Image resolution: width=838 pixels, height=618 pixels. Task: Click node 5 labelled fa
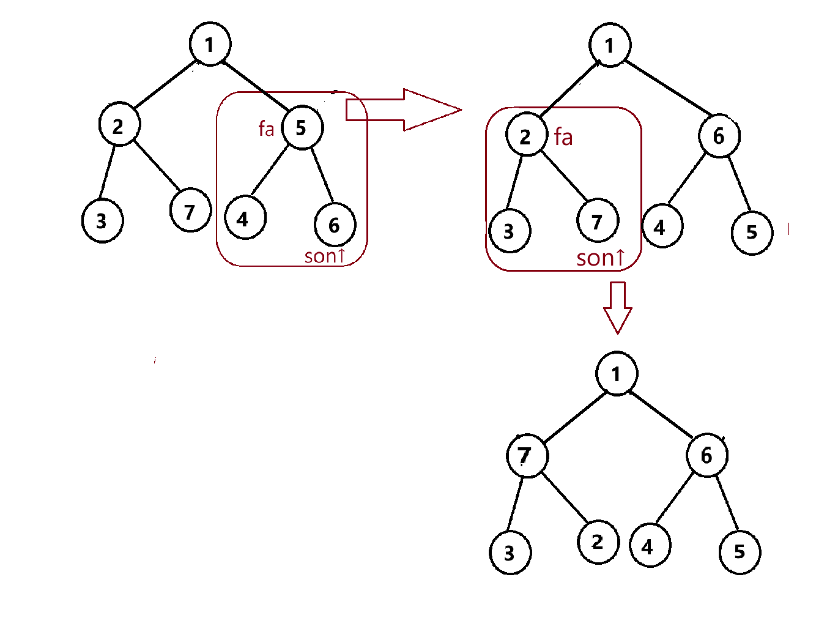pos(302,127)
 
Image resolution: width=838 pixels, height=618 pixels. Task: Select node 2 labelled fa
pos(526,136)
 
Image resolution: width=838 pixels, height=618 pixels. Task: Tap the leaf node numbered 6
pos(335,225)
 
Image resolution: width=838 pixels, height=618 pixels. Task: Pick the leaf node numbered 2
pos(598,542)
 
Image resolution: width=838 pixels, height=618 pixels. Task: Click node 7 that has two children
pos(527,455)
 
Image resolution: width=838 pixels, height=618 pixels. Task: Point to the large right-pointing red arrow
pos(404,110)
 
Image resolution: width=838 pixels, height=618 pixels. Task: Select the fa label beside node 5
pos(266,128)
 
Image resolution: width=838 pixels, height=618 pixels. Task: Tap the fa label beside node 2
pos(563,137)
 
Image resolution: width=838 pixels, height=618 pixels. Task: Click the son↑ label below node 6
pos(325,256)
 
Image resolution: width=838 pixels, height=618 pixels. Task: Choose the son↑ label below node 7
pos(600,258)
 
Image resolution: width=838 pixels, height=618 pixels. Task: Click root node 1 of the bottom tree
pos(617,373)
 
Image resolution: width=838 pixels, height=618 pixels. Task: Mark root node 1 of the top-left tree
pos(210,44)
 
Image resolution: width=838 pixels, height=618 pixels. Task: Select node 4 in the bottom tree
pos(650,546)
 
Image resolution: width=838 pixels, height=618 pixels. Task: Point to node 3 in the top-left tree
pos(102,221)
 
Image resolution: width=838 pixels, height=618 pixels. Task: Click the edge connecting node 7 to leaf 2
pos(565,499)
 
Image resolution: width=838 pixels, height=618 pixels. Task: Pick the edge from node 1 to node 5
pos(256,86)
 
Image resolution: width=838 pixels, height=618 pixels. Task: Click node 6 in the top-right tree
pos(719,136)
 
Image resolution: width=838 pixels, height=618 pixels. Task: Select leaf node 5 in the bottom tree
pos(740,552)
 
